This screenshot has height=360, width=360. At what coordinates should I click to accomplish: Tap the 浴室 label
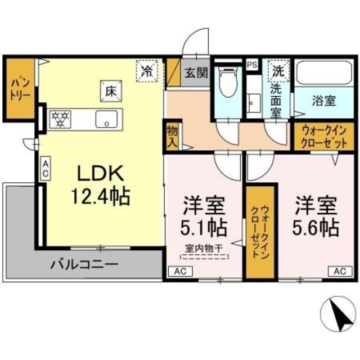tap(323, 101)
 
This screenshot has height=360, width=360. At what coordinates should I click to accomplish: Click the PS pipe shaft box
tap(252, 64)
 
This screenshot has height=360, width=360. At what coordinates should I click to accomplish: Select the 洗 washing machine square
tap(278, 71)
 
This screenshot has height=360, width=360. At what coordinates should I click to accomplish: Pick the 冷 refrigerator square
tap(147, 71)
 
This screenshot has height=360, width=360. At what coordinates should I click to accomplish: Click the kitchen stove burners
tap(60, 119)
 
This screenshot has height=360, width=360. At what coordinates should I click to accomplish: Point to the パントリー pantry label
tap(19, 89)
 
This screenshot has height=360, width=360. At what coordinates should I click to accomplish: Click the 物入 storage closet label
tap(172, 137)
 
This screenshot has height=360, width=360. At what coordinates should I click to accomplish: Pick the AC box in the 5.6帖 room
tap(340, 271)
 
